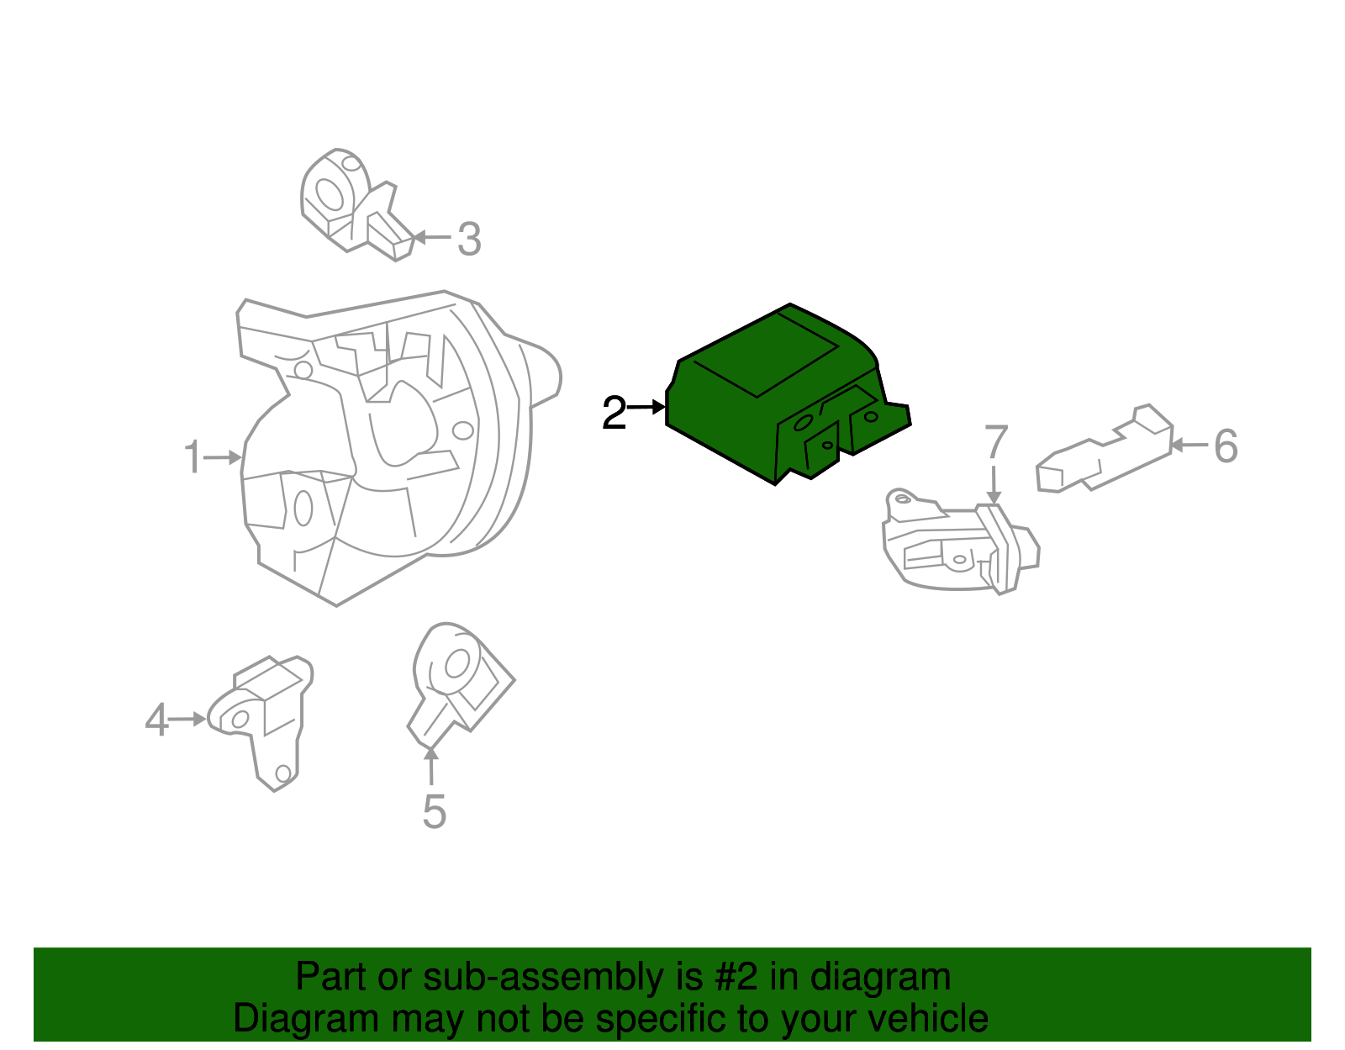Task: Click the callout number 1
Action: (x=193, y=457)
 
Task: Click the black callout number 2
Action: (x=614, y=414)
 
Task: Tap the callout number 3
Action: (x=469, y=239)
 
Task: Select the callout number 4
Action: (x=156, y=720)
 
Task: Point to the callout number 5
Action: (x=434, y=812)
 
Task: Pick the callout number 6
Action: (x=1226, y=446)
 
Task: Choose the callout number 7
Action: (x=995, y=442)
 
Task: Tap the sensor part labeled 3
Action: (x=353, y=206)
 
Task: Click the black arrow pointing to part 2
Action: (x=647, y=408)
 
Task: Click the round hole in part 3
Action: (x=329, y=194)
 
